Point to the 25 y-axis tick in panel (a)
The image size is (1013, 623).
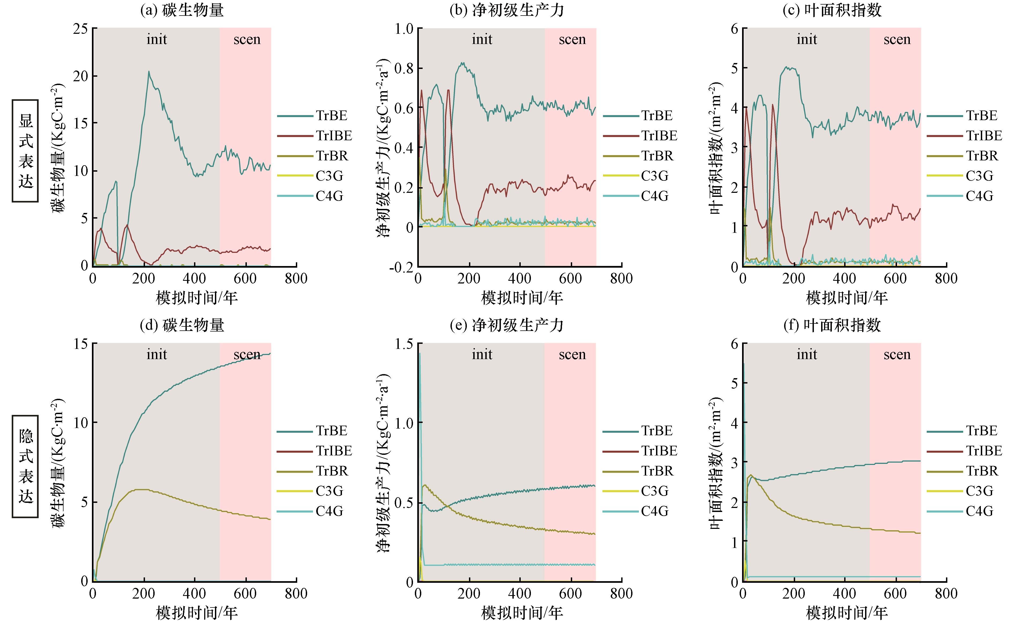(x=80, y=28)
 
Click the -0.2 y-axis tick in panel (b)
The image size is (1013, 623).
(x=402, y=267)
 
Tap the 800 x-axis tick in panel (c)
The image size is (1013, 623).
(x=946, y=279)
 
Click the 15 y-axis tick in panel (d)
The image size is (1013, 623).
(x=80, y=344)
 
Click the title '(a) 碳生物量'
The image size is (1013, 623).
(x=182, y=10)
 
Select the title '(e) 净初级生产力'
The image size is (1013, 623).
(x=507, y=325)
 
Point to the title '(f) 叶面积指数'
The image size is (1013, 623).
(x=832, y=325)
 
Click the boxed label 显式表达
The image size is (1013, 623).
(x=25, y=151)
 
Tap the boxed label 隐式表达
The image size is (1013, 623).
(x=25, y=466)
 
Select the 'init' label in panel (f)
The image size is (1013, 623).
(x=807, y=355)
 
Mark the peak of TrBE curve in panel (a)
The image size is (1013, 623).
(x=149, y=72)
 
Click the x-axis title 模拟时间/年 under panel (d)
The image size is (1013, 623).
(x=197, y=613)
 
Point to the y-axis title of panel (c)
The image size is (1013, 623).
(x=716, y=148)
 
